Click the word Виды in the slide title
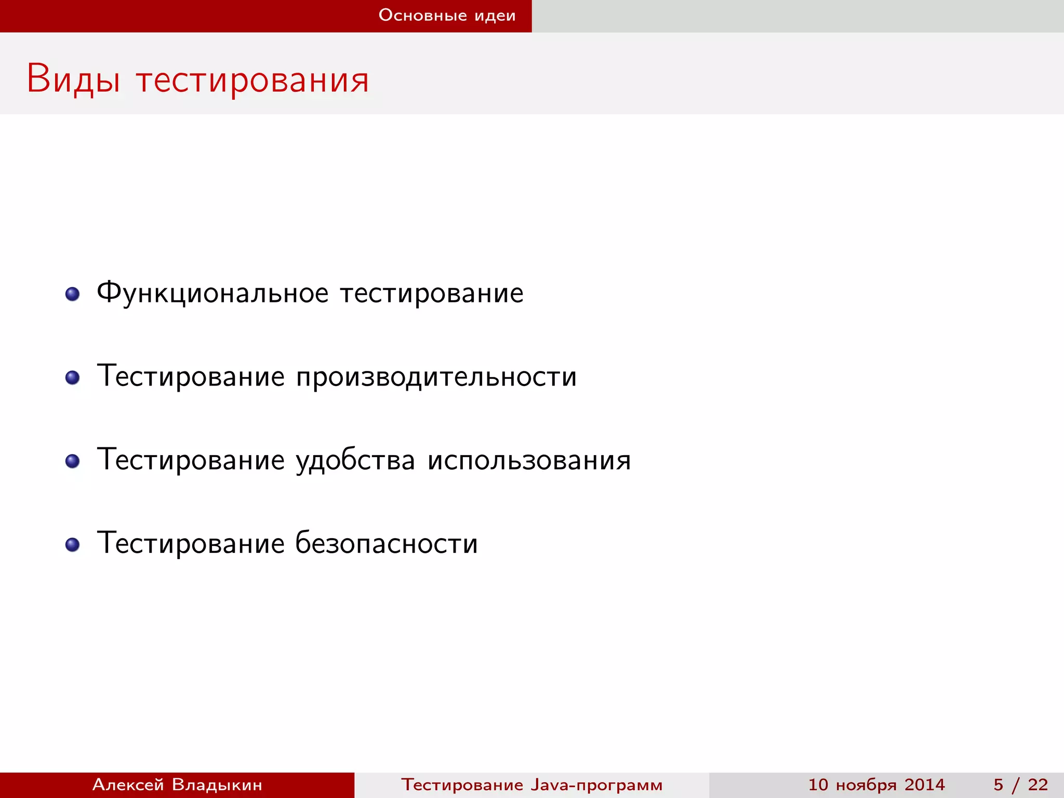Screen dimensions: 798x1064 pyautogui.click(x=73, y=79)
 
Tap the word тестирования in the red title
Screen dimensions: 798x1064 pyautogui.click(x=252, y=81)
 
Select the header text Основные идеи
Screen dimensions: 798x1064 pyautogui.click(x=447, y=16)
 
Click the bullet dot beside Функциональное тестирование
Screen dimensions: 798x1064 pyautogui.click(x=72, y=294)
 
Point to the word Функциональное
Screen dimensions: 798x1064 pyautogui.click(x=212, y=294)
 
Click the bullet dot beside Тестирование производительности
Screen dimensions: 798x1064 pyautogui.click(x=72, y=378)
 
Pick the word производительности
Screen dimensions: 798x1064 pyautogui.click(x=436, y=377)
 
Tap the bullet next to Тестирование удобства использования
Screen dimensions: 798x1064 pyautogui.click(x=72, y=461)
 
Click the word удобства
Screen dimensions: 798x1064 pyautogui.click(x=355, y=460)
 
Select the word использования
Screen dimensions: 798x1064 pyautogui.click(x=529, y=460)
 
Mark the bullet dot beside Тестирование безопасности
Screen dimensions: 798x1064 pyautogui.click(x=72, y=544)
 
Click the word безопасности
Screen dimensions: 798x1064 pyautogui.click(x=386, y=543)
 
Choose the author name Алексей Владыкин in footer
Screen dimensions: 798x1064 pyautogui.click(x=177, y=784)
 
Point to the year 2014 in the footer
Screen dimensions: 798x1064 pyautogui.click(x=924, y=784)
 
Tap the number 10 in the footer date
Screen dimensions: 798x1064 pyautogui.click(x=818, y=784)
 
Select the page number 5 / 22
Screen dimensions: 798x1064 pyautogui.click(x=1020, y=784)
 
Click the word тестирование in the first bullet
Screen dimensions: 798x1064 pyautogui.click(x=432, y=294)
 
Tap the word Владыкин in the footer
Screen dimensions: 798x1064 pyautogui.click(x=217, y=784)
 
